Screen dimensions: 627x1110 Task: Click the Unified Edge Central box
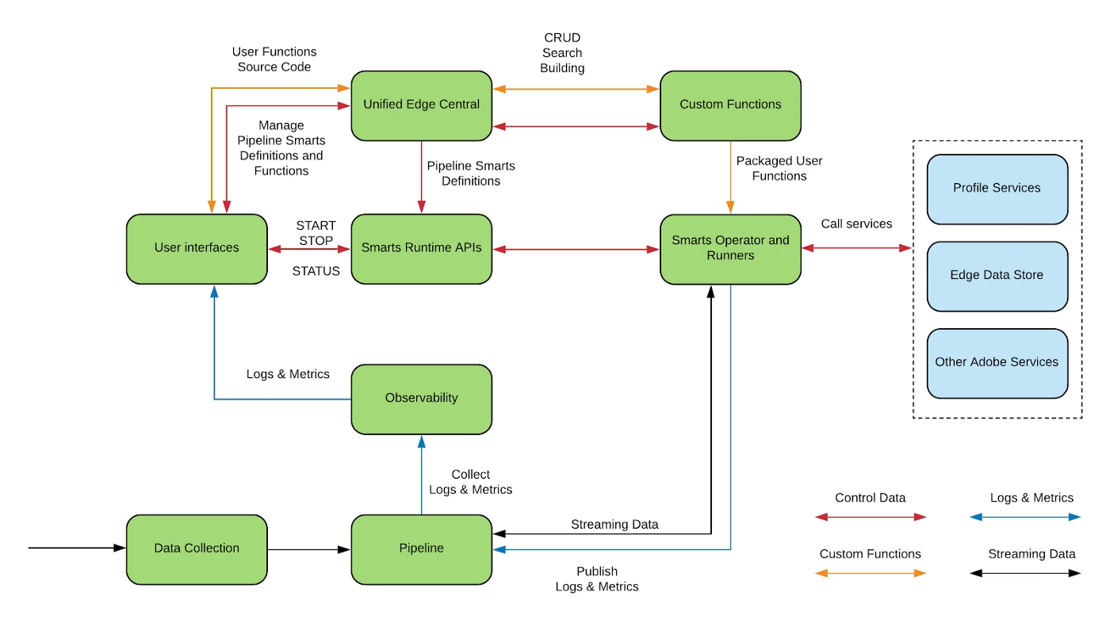tap(421, 105)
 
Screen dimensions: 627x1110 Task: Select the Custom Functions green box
tap(730, 105)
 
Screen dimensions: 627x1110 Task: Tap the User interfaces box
tap(197, 248)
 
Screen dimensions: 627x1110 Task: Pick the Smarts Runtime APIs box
tap(421, 248)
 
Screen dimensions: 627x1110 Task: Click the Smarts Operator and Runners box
tap(730, 248)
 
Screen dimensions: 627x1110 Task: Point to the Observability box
tap(421, 398)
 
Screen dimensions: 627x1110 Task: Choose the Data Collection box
tap(197, 549)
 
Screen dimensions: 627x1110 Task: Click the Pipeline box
tap(421, 549)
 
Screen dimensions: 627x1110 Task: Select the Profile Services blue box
tap(997, 189)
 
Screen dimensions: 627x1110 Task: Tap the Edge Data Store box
tap(997, 276)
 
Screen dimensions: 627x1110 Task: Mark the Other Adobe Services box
tap(997, 362)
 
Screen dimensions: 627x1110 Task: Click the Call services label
tap(856, 224)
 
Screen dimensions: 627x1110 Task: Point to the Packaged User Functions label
tap(779, 168)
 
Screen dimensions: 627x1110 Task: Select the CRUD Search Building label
tap(562, 53)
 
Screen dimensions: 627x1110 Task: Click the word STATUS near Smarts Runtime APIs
tap(316, 271)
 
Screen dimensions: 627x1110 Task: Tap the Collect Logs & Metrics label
tap(470, 482)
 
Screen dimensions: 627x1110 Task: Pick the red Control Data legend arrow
tap(871, 517)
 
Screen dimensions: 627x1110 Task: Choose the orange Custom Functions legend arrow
tap(871, 572)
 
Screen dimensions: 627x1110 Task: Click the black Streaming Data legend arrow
tap(1024, 572)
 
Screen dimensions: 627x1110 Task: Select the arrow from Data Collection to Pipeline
tap(309, 549)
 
